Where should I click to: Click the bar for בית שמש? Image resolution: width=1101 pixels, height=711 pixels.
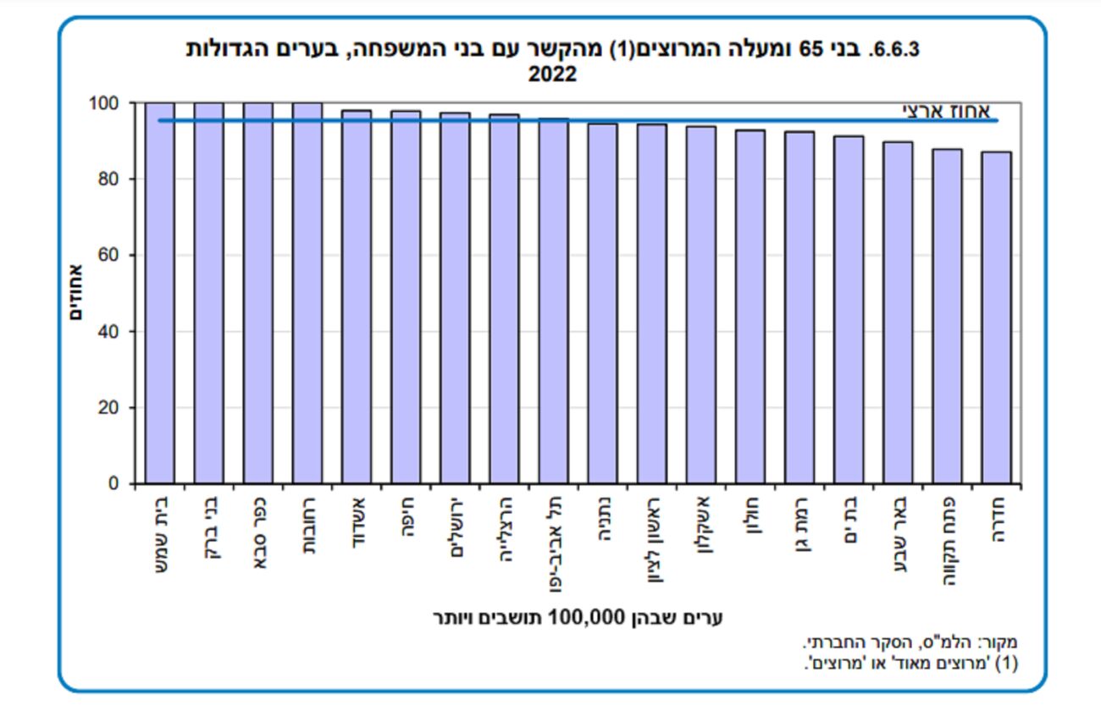[159, 293]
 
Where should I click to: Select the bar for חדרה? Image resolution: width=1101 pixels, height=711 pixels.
[996, 317]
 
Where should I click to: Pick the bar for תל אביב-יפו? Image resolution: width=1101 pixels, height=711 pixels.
[553, 301]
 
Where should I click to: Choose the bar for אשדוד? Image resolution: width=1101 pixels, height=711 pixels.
[357, 296]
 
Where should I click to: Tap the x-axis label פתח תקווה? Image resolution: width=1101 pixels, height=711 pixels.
[947, 539]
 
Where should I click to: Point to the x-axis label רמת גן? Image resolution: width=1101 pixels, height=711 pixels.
[799, 527]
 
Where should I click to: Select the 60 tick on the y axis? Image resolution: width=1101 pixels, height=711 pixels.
[107, 256]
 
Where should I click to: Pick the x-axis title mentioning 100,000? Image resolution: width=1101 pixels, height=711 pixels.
[577, 618]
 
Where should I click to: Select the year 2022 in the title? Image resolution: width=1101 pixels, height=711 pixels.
[552, 74]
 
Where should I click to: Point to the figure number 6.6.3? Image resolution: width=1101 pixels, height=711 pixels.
[890, 49]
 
